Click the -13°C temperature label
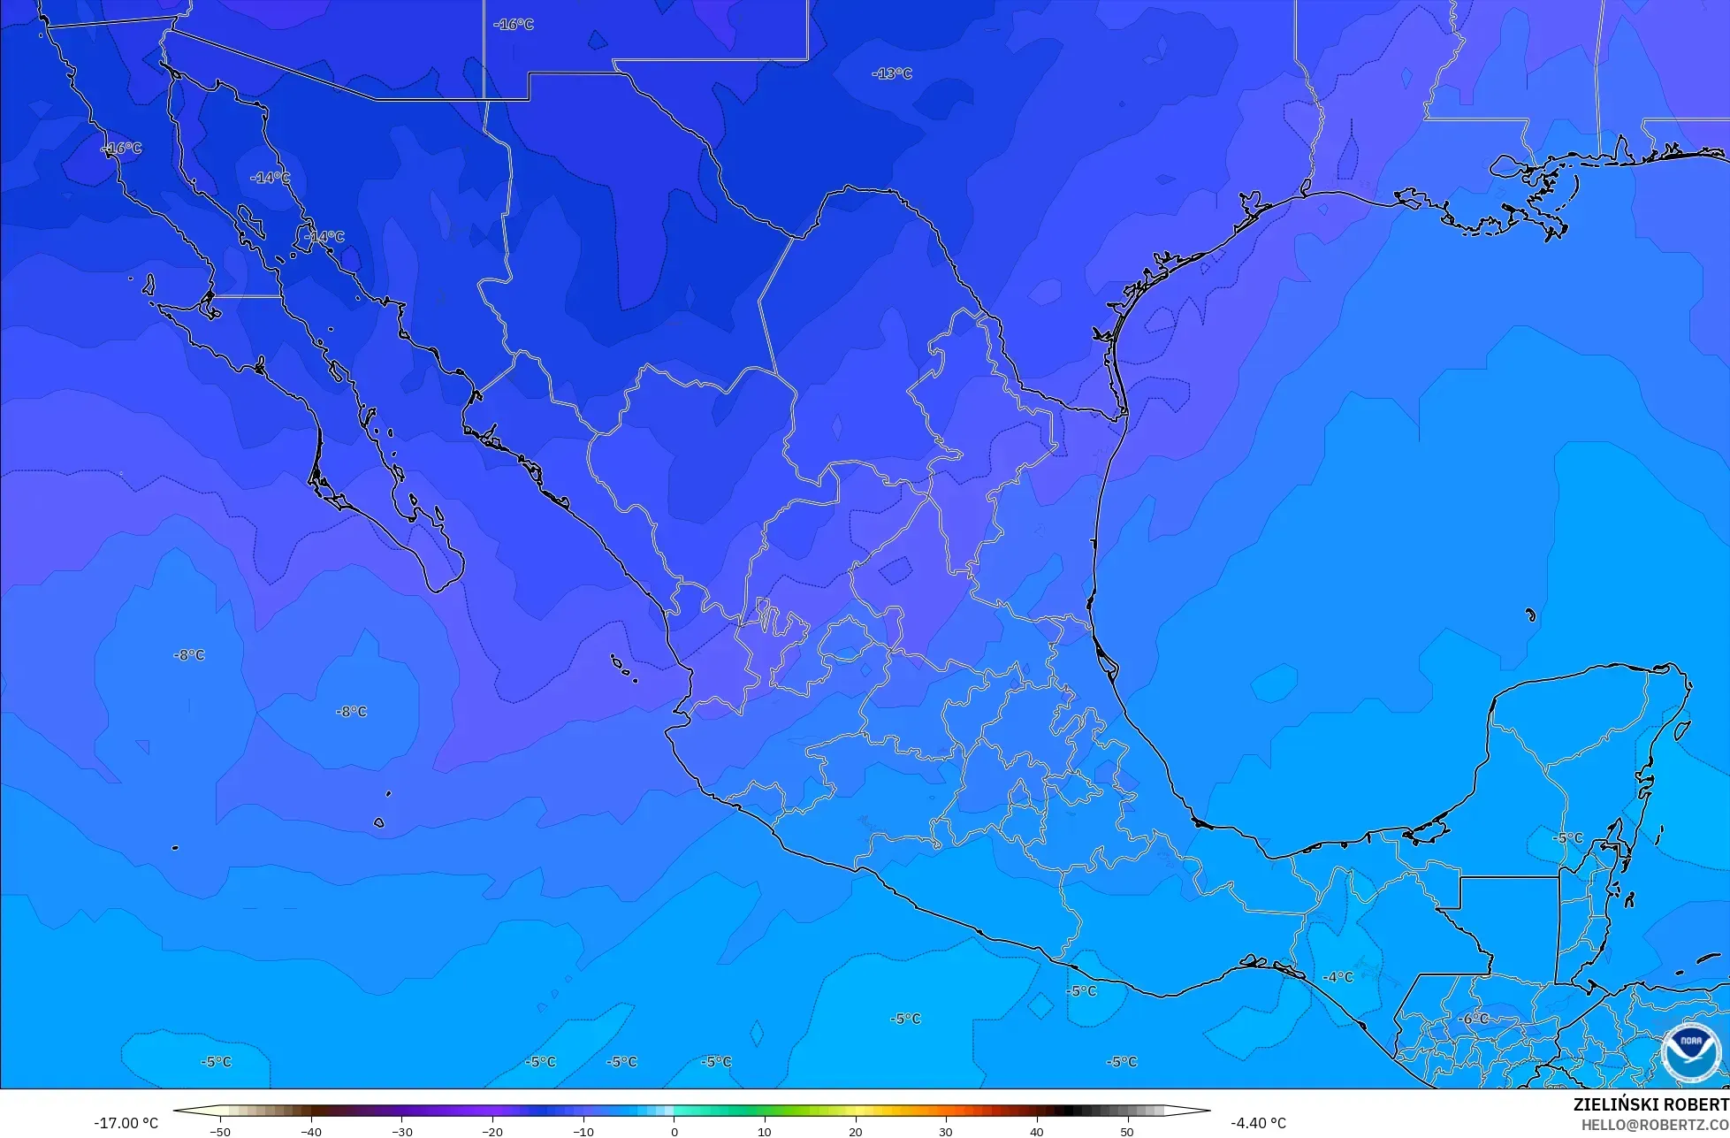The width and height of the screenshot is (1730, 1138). click(x=891, y=73)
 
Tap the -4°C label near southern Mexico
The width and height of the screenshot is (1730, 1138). click(x=1338, y=977)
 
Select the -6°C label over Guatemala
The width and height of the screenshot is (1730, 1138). click(x=1472, y=1019)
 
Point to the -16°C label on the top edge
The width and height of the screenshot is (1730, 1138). click(x=514, y=25)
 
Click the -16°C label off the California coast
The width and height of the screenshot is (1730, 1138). click(x=122, y=148)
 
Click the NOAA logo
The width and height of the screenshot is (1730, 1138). click(x=1690, y=1052)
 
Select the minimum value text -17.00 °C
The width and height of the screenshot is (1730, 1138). click(x=126, y=1123)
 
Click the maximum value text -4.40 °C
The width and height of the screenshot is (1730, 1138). click(x=1258, y=1123)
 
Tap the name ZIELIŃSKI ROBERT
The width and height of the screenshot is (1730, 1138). click(x=1650, y=1104)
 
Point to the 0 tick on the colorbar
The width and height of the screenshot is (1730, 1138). click(x=674, y=1131)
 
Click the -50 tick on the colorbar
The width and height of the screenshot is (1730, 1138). click(x=220, y=1131)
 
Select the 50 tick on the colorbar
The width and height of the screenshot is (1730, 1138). click(x=1126, y=1131)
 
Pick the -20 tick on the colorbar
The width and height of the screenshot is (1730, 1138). click(x=492, y=1131)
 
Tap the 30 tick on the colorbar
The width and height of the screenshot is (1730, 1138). click(x=945, y=1131)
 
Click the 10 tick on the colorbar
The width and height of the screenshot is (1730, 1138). click(x=765, y=1131)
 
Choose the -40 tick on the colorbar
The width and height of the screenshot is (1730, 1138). click(x=311, y=1131)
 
